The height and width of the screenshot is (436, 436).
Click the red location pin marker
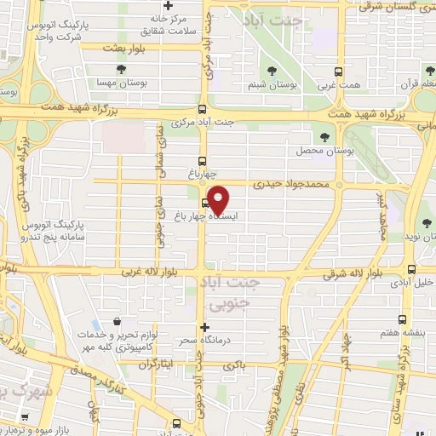point(219,199)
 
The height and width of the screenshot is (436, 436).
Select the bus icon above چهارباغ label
point(203,160)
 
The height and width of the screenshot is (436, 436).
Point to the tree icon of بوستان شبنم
point(272,72)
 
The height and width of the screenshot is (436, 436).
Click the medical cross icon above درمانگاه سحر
point(204,327)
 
